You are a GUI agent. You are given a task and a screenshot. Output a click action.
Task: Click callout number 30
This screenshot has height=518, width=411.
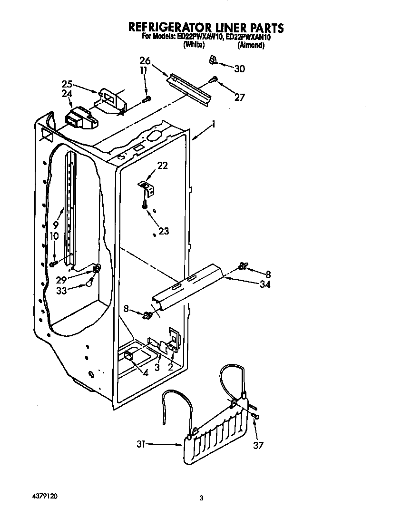[240, 69]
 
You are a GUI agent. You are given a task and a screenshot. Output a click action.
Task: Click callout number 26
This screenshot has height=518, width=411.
[145, 60]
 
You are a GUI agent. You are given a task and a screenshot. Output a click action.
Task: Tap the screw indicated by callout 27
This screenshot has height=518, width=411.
[215, 80]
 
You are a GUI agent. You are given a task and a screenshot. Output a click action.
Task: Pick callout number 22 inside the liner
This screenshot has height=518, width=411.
[162, 166]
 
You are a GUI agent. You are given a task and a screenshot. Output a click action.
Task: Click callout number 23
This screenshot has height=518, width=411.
[163, 231]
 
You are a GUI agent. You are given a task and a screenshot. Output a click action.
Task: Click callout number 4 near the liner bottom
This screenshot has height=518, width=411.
[146, 373]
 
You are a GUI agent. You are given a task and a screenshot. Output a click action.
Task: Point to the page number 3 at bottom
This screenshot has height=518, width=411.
[201, 498]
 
